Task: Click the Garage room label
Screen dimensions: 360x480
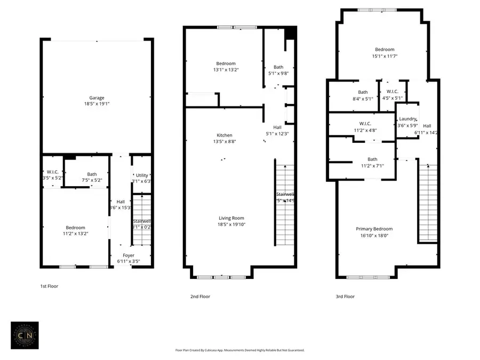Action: (97, 98)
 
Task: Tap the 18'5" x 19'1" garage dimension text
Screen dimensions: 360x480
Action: (97, 105)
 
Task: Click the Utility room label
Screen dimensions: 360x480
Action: (142, 175)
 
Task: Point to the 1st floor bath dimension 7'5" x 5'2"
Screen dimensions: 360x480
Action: (92, 180)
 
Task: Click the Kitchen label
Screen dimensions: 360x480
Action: (224, 135)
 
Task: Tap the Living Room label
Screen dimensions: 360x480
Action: (231, 218)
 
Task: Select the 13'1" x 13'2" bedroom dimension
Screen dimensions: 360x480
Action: (225, 70)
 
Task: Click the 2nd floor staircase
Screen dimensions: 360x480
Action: (284, 205)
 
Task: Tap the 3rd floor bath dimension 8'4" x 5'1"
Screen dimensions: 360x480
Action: (362, 98)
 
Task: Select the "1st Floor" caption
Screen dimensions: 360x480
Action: (49, 286)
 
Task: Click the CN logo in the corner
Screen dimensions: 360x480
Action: (25, 335)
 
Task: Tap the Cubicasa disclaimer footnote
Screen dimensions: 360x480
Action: (240, 350)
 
